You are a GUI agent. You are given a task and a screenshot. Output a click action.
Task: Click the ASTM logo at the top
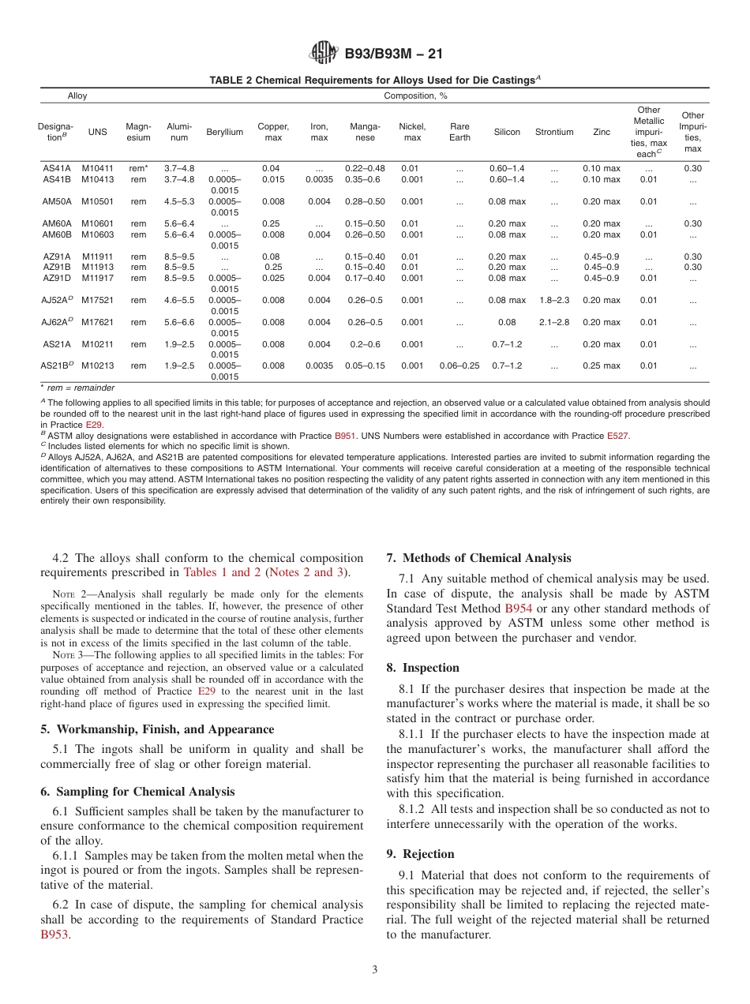point(323,53)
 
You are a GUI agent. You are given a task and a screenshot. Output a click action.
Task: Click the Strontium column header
point(554,132)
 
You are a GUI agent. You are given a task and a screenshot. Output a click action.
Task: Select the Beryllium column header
point(225,132)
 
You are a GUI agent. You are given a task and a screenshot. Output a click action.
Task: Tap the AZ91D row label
point(57,278)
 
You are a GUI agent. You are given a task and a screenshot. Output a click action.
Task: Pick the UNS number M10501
point(98,201)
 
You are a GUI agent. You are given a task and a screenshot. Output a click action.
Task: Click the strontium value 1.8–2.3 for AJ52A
point(554,300)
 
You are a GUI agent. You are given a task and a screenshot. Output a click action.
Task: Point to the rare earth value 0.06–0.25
point(459,366)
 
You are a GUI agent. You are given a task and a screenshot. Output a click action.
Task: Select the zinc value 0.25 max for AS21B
point(602,366)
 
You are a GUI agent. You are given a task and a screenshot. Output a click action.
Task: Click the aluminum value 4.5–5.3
point(179,201)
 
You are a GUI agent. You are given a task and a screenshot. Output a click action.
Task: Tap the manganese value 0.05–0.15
point(366,366)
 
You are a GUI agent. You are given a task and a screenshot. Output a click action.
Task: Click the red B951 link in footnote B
point(345,436)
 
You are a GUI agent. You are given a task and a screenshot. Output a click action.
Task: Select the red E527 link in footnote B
point(617,436)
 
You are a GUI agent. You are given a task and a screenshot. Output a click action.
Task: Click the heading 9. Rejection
point(420,854)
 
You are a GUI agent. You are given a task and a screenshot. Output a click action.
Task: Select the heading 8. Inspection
point(422,668)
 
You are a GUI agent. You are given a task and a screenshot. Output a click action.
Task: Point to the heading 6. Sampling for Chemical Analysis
point(137,792)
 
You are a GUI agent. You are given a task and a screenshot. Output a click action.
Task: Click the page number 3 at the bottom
point(375,970)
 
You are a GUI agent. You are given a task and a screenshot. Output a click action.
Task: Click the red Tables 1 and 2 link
point(222,572)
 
